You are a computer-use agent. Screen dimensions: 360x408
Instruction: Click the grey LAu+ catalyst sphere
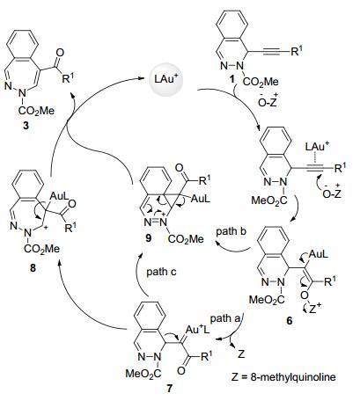coord(166,80)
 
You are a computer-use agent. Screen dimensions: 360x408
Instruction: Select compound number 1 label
coord(232,78)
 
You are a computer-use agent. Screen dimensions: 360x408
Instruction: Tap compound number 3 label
coord(26,126)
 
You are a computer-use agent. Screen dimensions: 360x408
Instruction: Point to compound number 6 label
coord(290,321)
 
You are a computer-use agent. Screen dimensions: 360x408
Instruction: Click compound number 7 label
coord(170,389)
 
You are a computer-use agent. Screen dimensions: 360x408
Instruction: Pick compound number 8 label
coord(33,267)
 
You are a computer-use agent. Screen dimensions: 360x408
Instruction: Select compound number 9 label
coord(149,238)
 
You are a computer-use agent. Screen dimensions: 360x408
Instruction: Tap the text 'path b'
coord(231,231)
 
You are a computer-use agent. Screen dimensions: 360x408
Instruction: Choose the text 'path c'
coord(161,272)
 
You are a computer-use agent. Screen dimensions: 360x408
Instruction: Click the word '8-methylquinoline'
coord(293,376)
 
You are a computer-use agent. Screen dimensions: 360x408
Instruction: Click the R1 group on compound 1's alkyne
coord(297,51)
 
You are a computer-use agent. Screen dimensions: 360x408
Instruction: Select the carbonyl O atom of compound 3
coord(60,53)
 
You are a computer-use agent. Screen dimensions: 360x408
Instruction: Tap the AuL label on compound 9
coord(201,199)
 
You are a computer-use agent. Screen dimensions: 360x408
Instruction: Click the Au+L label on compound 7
coord(198,330)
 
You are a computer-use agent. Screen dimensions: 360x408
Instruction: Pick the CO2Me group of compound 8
coord(41,249)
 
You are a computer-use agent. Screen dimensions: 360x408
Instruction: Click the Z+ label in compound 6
coord(315,308)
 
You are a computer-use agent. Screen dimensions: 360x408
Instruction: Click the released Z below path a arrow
coord(241,354)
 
